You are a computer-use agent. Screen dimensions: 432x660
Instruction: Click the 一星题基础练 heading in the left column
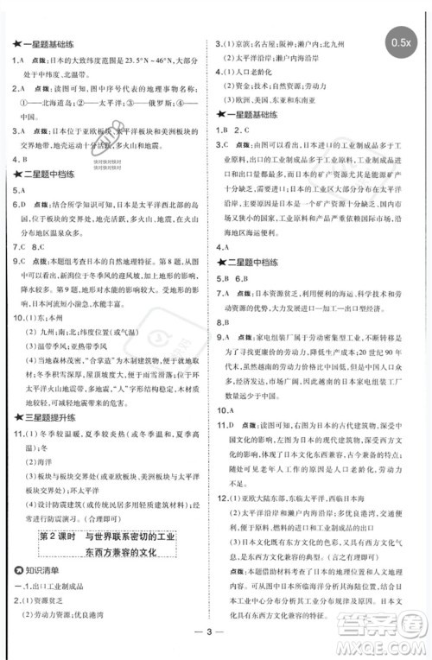pyautogui.click(x=43, y=43)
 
